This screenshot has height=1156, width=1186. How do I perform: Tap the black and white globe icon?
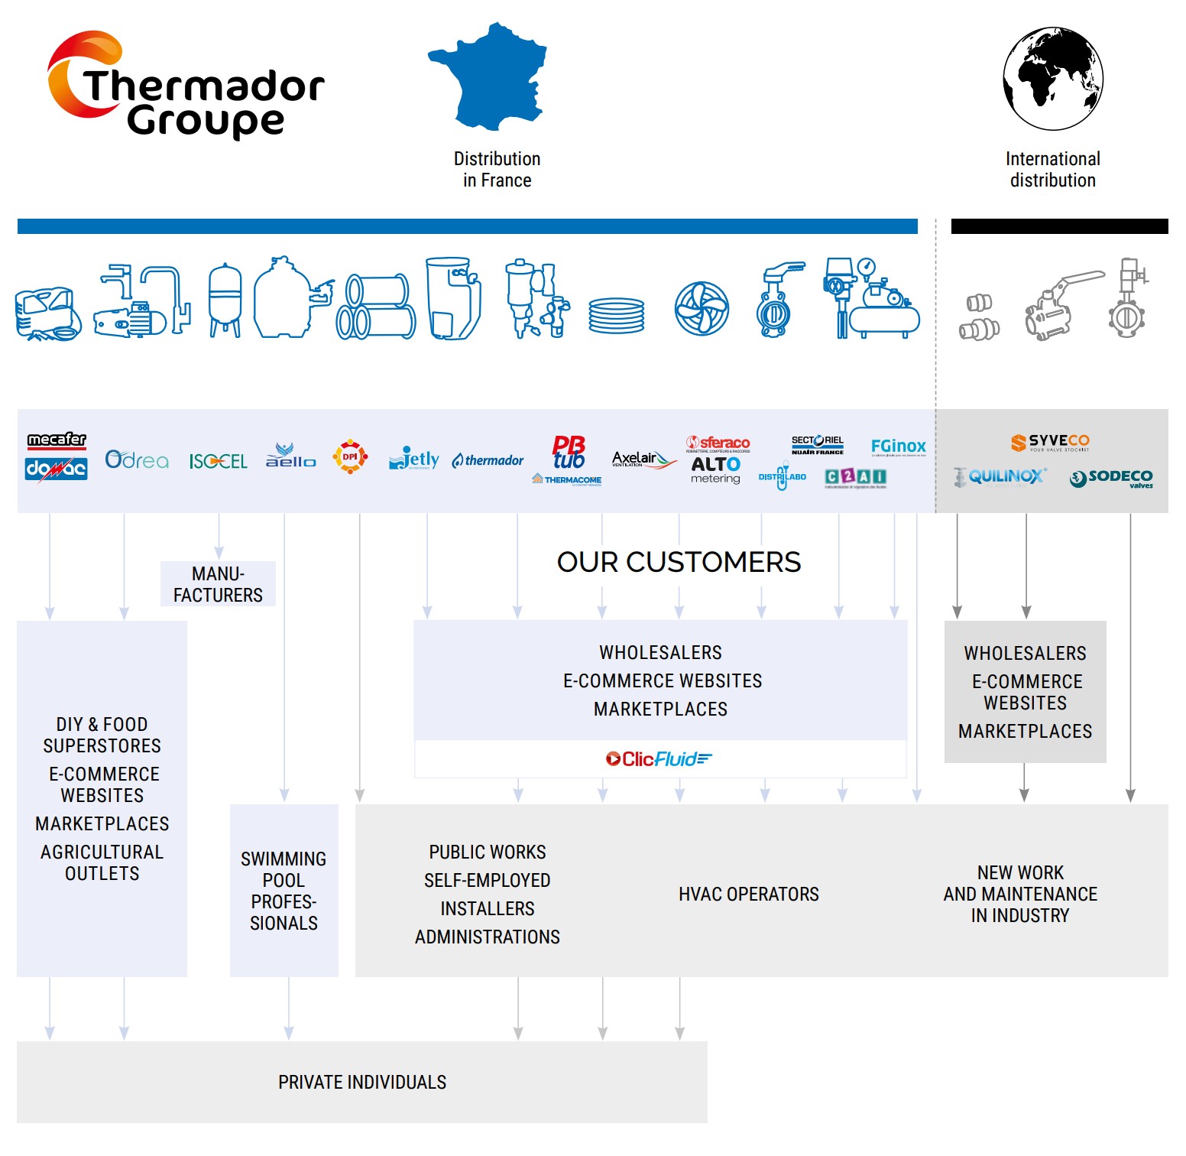[x=1052, y=78]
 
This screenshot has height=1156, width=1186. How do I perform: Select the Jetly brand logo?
[x=414, y=459]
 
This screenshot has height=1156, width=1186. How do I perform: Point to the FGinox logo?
[x=898, y=446]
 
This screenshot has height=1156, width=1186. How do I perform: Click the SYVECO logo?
[x=1050, y=443]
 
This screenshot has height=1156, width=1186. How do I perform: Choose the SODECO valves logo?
[x=1111, y=479]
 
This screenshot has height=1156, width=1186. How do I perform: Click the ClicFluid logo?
[x=659, y=759]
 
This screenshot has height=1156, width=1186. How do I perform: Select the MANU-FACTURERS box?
[x=218, y=584]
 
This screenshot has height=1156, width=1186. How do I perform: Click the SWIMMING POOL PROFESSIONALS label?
[x=284, y=891]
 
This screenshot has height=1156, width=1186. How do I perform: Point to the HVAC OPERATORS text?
[x=748, y=894]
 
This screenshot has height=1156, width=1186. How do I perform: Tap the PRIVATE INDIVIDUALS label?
[x=362, y=1082]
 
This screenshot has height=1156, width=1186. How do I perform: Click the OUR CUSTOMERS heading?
[x=679, y=562]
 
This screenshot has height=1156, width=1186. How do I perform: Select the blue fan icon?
[x=702, y=309]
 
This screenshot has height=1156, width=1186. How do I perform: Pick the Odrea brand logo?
[x=137, y=459]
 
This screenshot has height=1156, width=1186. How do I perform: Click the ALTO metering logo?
[x=715, y=469]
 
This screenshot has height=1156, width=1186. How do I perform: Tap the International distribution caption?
[x=1052, y=170]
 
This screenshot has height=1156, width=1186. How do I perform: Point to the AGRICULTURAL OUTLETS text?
[x=102, y=862]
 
